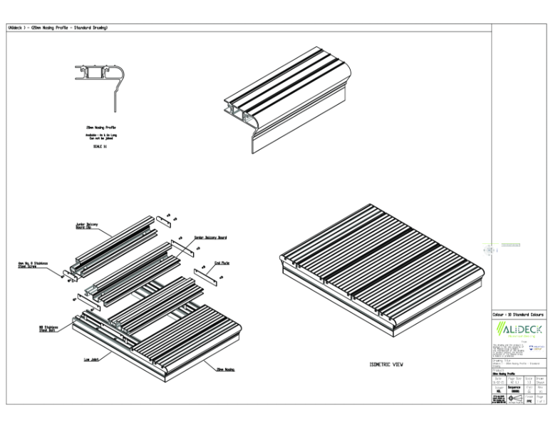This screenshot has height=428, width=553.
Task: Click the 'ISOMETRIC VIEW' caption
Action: pyautogui.click(x=386, y=365)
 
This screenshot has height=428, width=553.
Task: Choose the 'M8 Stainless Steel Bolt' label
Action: pyautogui.click(x=48, y=329)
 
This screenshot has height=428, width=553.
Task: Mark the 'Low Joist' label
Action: pyautogui.click(x=91, y=360)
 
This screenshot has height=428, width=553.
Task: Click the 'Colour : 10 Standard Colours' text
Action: pyautogui.click(x=519, y=314)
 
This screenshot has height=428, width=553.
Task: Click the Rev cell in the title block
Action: pyautogui.click(x=541, y=390)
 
